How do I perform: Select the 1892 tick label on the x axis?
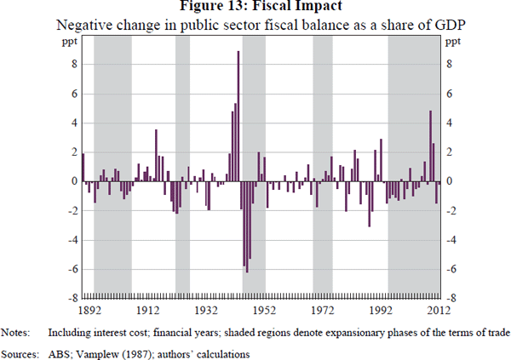pyautogui.click(x=90, y=311)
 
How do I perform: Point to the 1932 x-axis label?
pyautogui.click(x=207, y=311)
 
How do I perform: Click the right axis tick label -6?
pyautogui.click(x=452, y=269)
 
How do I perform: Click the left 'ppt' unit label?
pyautogui.click(x=71, y=41)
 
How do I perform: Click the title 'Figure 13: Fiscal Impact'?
pyautogui.click(x=255, y=8)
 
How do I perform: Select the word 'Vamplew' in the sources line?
pyautogui.click(x=92, y=349)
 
